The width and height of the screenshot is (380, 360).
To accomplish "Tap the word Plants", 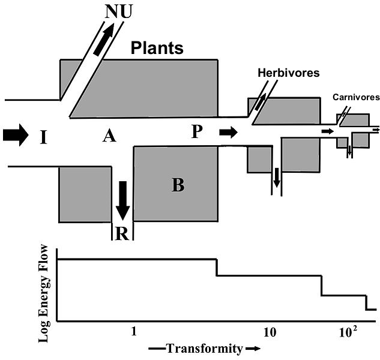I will pos(157,48).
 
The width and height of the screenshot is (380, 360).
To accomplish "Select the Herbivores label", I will pos(288,73).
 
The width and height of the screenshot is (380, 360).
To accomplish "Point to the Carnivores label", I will pos(357,97).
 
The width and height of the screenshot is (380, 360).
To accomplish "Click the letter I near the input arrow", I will pos(43,137).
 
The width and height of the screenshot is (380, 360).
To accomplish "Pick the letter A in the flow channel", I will pos(109,137).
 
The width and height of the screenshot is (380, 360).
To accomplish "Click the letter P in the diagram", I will pos(197,132).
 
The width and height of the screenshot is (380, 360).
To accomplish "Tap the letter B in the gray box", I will pos(178,185).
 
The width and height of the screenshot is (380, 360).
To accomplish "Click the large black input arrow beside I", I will pos(15,135).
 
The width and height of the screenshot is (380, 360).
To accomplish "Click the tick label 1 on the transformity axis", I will pos(134,331).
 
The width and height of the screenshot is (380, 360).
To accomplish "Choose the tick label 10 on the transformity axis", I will pos(269,331).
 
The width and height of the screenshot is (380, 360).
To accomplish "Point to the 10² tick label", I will pos(348,331).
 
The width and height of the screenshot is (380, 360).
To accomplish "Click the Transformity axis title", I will pos(199,349).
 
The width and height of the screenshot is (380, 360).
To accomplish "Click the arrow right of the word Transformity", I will pos(253,349).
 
